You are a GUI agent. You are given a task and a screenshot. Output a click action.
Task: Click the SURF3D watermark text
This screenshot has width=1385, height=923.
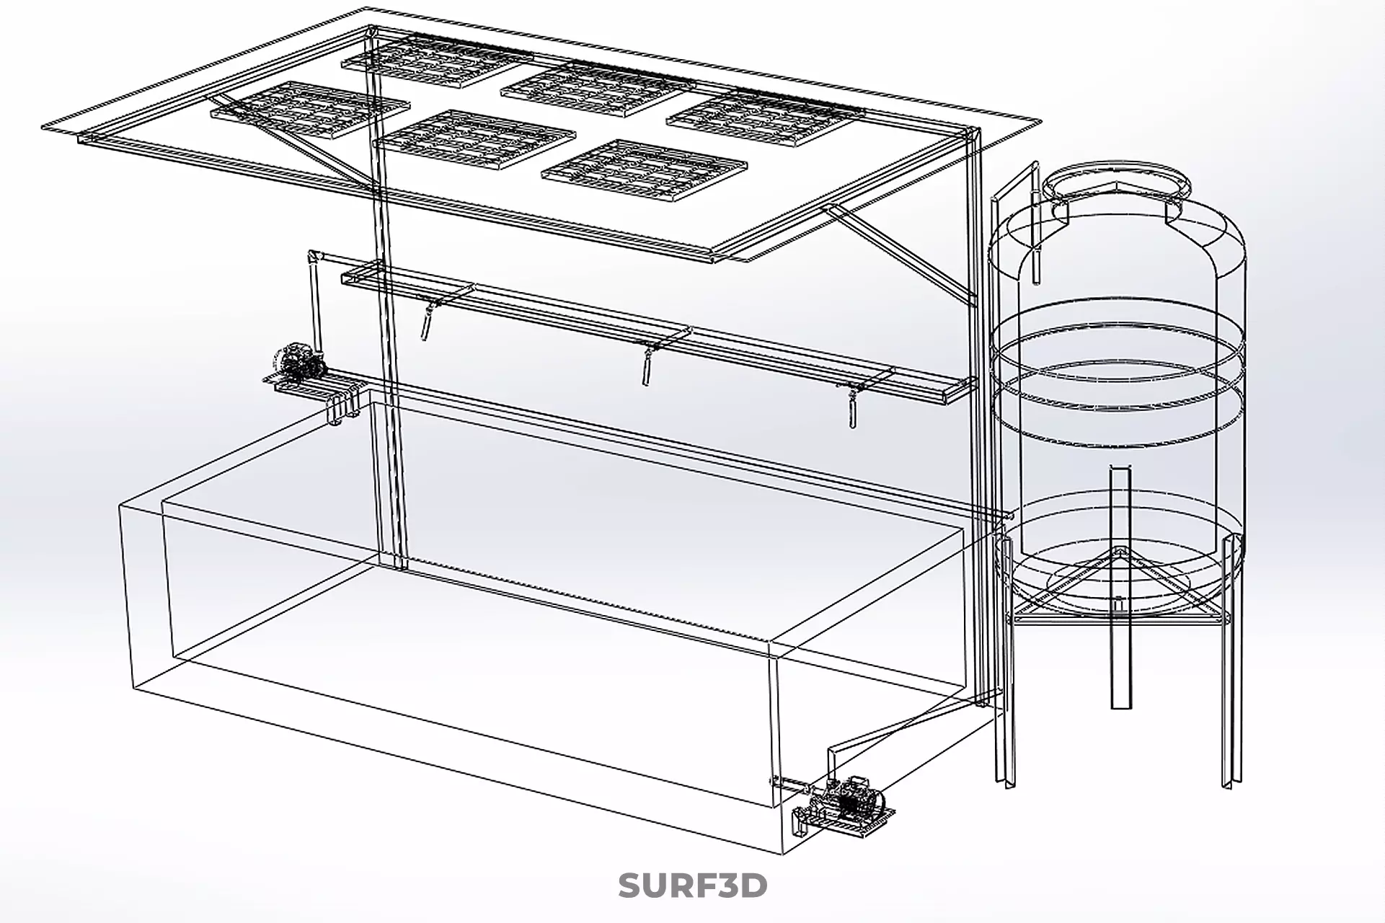692,886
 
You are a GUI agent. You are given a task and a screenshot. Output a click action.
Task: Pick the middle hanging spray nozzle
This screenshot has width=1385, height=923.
647,367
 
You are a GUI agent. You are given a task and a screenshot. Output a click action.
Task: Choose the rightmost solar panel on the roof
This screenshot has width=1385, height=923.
764,119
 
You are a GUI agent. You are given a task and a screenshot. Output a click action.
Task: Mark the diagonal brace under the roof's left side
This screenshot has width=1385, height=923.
288,141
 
